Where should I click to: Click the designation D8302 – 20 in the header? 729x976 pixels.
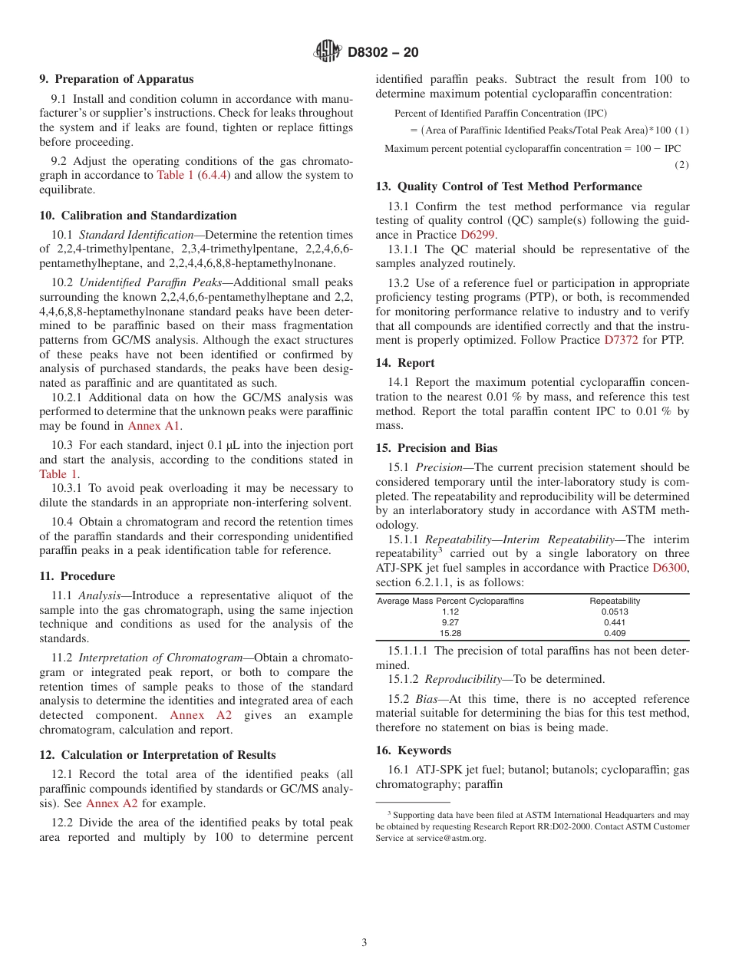coord(383,53)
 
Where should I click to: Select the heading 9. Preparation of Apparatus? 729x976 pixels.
coord(117,79)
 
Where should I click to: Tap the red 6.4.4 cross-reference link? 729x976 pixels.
coord(213,175)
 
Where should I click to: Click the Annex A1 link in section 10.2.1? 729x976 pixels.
coord(154,426)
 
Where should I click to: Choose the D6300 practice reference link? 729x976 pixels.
coord(670,568)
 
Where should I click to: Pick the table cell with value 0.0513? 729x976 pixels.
coord(614,612)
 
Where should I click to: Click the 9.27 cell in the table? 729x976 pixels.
coord(450,622)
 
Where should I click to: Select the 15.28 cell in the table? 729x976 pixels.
coord(450,633)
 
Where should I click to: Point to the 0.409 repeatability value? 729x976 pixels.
coord(614,633)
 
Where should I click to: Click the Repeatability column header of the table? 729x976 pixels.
coord(614,601)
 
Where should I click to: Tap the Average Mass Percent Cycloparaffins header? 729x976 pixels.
coord(450,601)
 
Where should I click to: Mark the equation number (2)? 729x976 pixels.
coord(681,165)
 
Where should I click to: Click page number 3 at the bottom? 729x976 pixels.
coord(364,942)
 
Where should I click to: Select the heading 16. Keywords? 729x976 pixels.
coord(413,750)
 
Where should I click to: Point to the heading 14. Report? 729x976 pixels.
coord(405,363)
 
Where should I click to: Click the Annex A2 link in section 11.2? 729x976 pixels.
coord(200,715)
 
